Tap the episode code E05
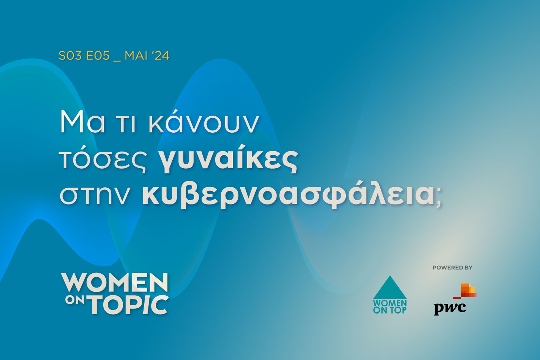(98, 56)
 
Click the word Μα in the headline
(82, 122)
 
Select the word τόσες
(103, 160)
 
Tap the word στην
(94, 195)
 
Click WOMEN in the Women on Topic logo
(115, 282)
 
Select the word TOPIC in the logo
(129, 305)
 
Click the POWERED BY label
(452, 268)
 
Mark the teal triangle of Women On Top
(390, 288)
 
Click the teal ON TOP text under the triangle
(390, 310)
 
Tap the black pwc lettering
(450, 308)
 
